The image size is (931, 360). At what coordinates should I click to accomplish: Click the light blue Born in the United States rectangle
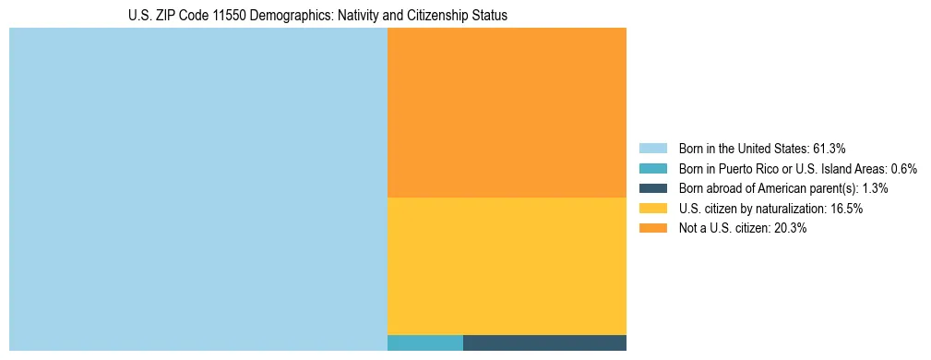pos(197,189)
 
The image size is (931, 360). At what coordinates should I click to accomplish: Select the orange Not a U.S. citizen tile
pos(507,112)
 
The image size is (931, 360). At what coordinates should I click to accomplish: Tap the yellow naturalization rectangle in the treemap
pos(507,266)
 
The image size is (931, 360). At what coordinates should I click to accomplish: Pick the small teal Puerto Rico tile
pos(424,342)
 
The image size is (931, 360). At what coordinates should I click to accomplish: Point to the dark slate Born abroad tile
pos(544,342)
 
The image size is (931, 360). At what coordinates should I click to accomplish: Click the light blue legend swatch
pos(652,149)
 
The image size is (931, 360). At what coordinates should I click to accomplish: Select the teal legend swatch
pos(652,169)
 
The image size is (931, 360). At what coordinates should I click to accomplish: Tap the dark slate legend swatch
pos(652,188)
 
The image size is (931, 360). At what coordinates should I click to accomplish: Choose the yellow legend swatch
pos(652,209)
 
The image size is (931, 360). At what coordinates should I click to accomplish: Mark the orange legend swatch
pos(652,229)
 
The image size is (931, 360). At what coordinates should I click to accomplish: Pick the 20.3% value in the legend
pos(789,229)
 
